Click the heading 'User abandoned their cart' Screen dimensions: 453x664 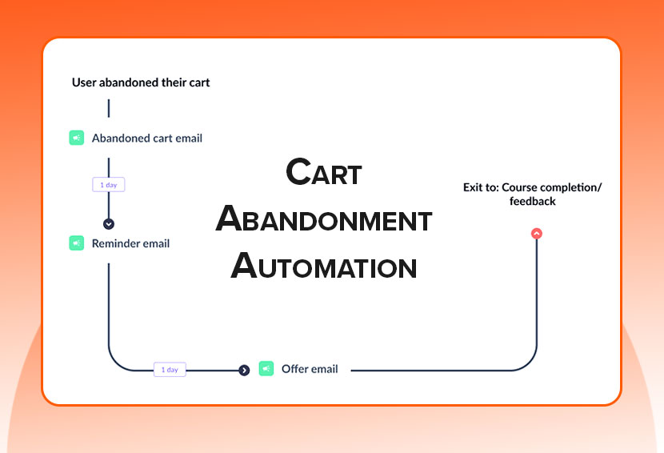click(141, 82)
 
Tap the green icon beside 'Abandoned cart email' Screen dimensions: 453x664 click(76, 138)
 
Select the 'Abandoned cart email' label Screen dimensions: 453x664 click(147, 138)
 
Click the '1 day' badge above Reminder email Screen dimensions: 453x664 click(109, 185)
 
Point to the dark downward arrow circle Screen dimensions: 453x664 click(109, 224)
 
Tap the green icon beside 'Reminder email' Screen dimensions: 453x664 click(76, 243)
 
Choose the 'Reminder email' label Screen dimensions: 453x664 click(130, 243)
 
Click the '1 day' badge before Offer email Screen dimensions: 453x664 click(170, 370)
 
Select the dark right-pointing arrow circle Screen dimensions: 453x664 click(244, 370)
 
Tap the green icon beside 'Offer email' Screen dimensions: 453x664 click(266, 369)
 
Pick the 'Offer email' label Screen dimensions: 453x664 click(310, 369)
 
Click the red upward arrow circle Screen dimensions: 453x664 click(536, 234)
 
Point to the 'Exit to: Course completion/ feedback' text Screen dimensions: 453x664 click(532, 194)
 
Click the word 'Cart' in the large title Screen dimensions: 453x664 click(324, 173)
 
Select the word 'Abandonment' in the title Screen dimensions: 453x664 click(324, 220)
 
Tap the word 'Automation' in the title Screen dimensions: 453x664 click(324, 267)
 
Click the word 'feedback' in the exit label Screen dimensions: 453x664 click(532, 202)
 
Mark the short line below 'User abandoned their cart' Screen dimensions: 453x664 click(109, 108)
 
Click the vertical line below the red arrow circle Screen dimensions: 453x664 click(536, 296)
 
